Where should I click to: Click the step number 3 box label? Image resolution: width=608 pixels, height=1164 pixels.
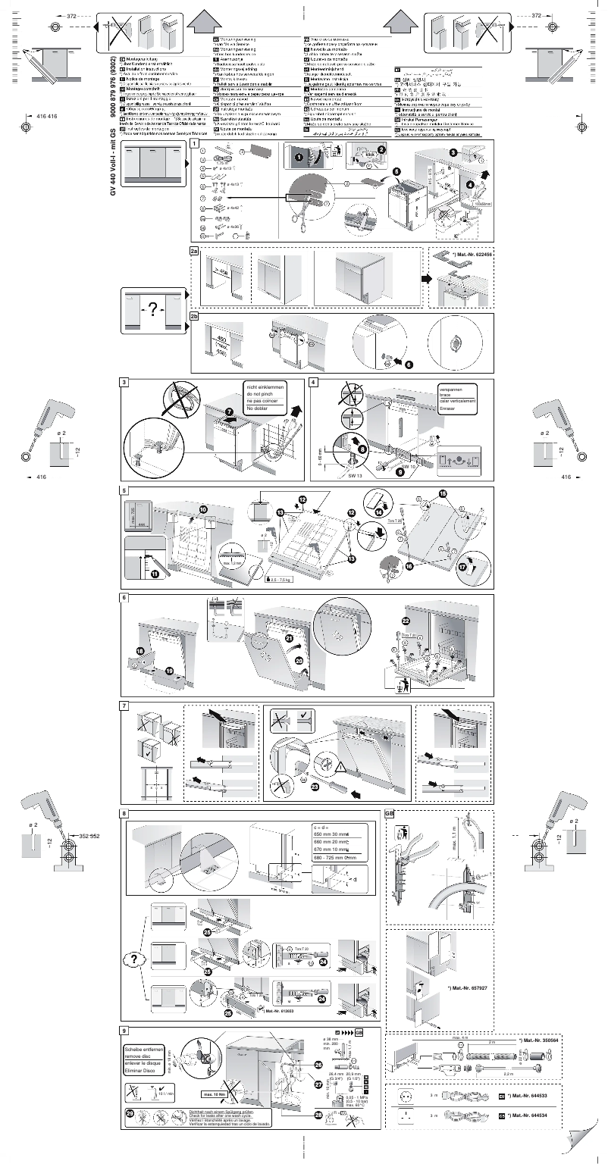[x=124, y=382]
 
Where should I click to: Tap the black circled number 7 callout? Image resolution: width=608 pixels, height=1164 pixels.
[x=229, y=411]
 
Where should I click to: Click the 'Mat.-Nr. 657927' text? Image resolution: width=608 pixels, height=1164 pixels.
[x=467, y=988]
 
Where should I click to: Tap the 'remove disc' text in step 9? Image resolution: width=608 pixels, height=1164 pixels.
[x=145, y=1055]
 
